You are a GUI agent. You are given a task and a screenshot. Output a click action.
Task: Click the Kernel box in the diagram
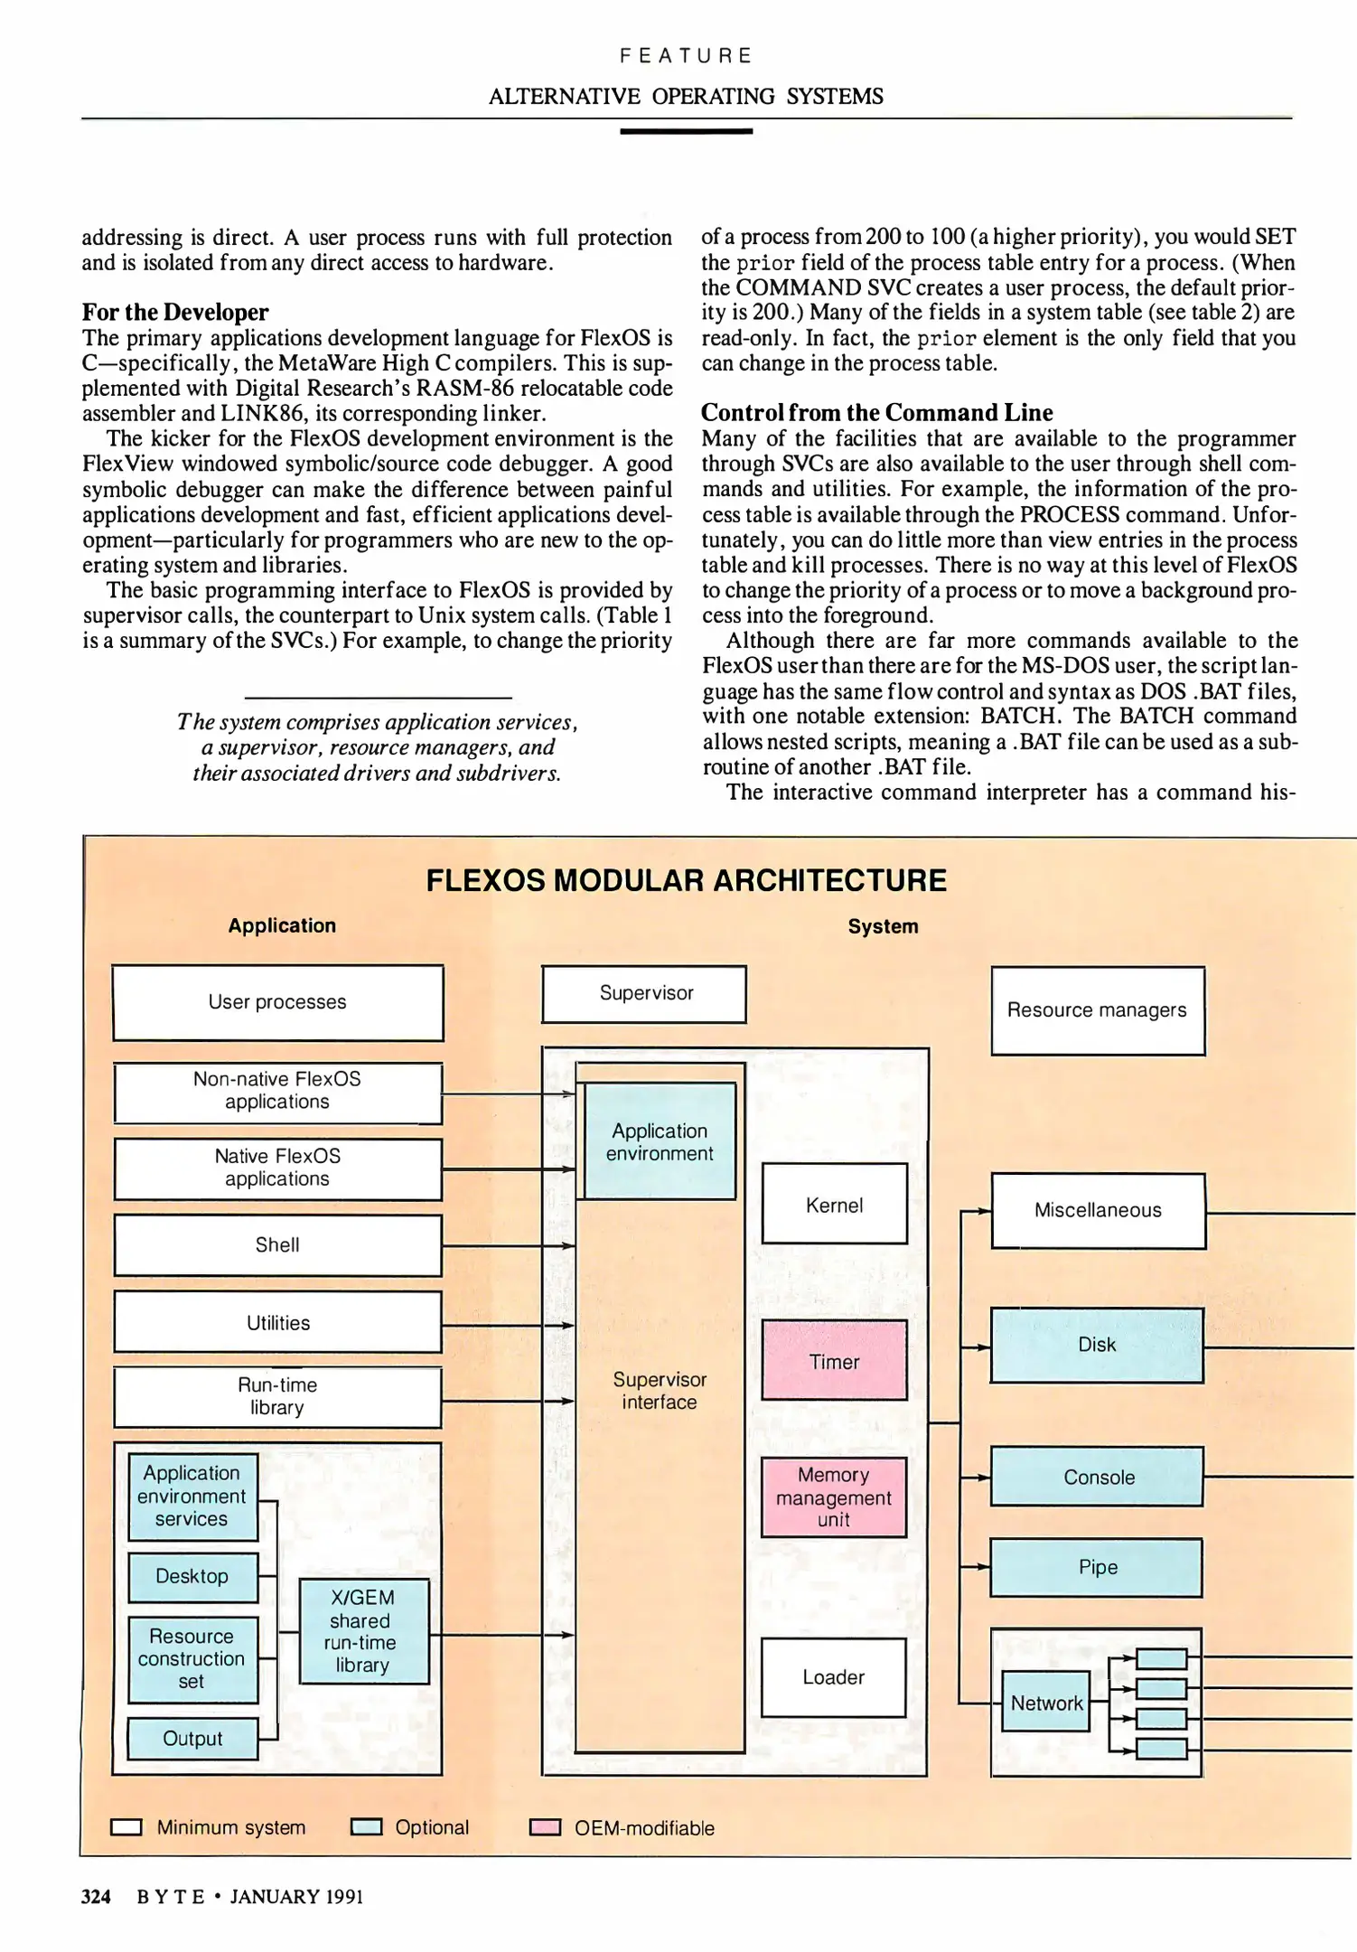point(834,1204)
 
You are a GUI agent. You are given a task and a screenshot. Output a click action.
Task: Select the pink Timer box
point(834,1360)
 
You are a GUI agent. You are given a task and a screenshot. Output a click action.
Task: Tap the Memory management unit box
point(833,1497)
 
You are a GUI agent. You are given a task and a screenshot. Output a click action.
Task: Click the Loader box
point(833,1677)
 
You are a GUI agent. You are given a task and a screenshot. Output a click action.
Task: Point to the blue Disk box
point(1097,1345)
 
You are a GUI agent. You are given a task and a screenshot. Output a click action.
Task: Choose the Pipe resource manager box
point(1097,1567)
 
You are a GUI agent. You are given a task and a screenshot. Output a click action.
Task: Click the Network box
point(1046,1703)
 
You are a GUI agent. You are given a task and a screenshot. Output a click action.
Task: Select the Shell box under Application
point(277,1245)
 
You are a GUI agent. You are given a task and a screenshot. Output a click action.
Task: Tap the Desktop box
point(192,1576)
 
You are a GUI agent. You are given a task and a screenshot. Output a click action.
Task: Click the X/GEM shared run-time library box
point(363,1631)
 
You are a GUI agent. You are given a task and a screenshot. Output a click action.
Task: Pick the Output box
point(192,1739)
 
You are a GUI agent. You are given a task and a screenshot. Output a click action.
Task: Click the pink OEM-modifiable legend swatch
point(545,1827)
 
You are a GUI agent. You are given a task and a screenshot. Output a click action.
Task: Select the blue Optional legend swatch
point(366,1827)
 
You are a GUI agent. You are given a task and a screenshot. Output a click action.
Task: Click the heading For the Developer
point(175,312)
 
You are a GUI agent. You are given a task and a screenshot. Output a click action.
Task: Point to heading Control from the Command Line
point(876,412)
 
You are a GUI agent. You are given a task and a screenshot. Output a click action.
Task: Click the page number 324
point(96,1897)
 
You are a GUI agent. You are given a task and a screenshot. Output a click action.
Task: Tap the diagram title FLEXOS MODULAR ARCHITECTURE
point(686,880)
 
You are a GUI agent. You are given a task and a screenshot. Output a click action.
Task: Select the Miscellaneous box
point(1098,1210)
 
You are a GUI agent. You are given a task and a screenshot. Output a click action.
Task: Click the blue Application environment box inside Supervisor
point(660,1141)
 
